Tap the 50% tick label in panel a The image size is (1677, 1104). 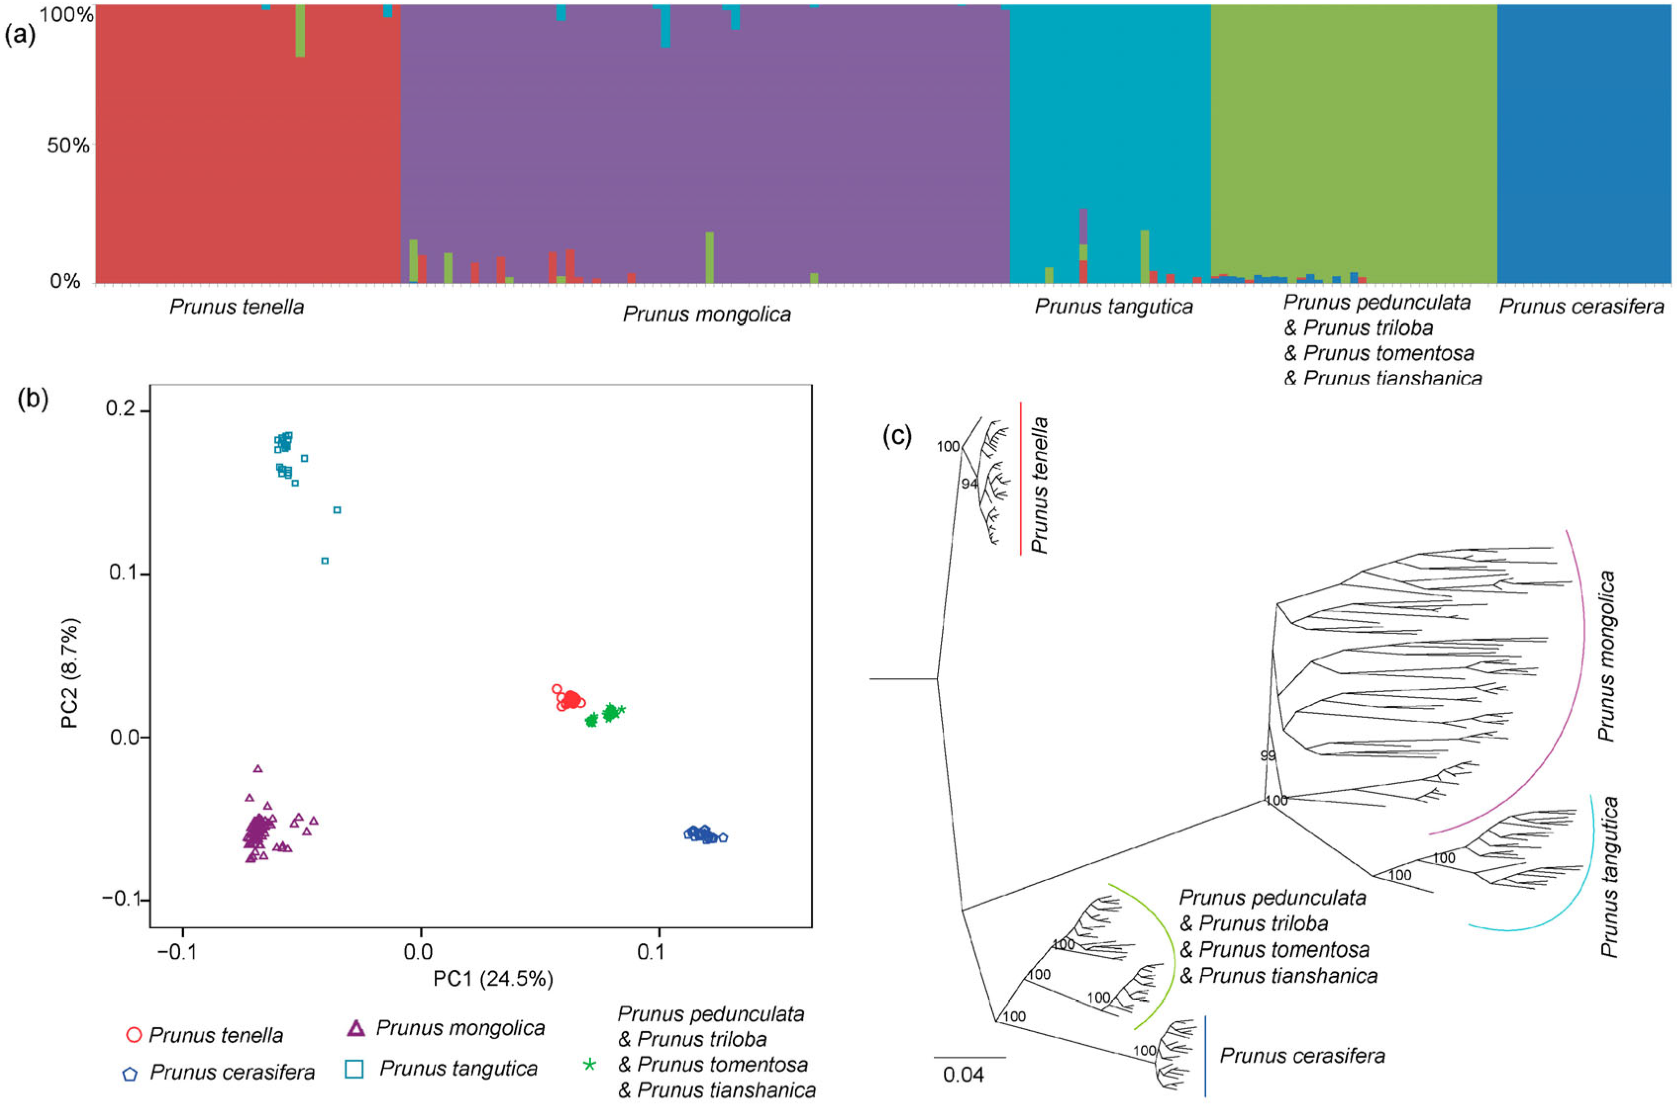click(68, 146)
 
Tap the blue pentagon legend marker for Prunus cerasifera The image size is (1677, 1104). click(130, 1074)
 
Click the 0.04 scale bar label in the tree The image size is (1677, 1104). click(963, 1075)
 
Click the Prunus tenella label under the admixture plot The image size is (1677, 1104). click(237, 307)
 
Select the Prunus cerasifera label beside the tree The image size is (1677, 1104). click(1302, 1056)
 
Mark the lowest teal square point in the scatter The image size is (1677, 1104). click(325, 561)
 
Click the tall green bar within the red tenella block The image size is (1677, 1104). click(300, 31)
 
